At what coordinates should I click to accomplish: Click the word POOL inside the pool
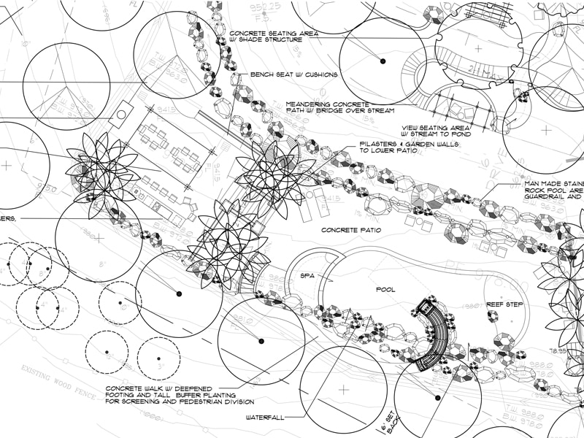tap(385, 290)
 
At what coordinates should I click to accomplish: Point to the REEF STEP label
tap(504, 303)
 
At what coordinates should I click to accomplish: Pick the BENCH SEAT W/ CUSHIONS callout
tap(294, 74)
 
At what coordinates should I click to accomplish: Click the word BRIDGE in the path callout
tap(345, 111)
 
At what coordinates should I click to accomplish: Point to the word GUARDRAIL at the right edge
tap(558, 197)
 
